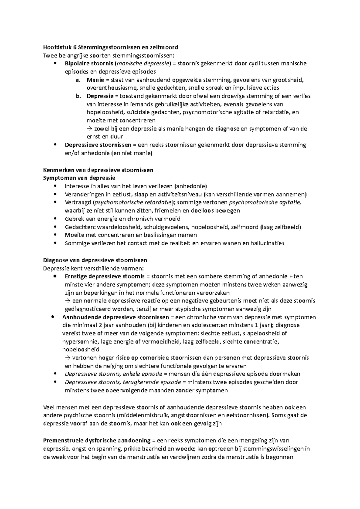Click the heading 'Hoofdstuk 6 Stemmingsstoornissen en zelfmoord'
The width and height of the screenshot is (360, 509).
[111, 47]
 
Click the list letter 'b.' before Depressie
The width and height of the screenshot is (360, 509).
[79, 96]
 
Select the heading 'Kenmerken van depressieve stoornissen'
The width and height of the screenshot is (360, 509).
[98, 170]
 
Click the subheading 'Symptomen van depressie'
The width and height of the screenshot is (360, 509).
[79, 178]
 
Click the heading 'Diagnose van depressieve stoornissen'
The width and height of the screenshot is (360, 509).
[95, 260]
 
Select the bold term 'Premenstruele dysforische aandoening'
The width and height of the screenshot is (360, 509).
[97, 440]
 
